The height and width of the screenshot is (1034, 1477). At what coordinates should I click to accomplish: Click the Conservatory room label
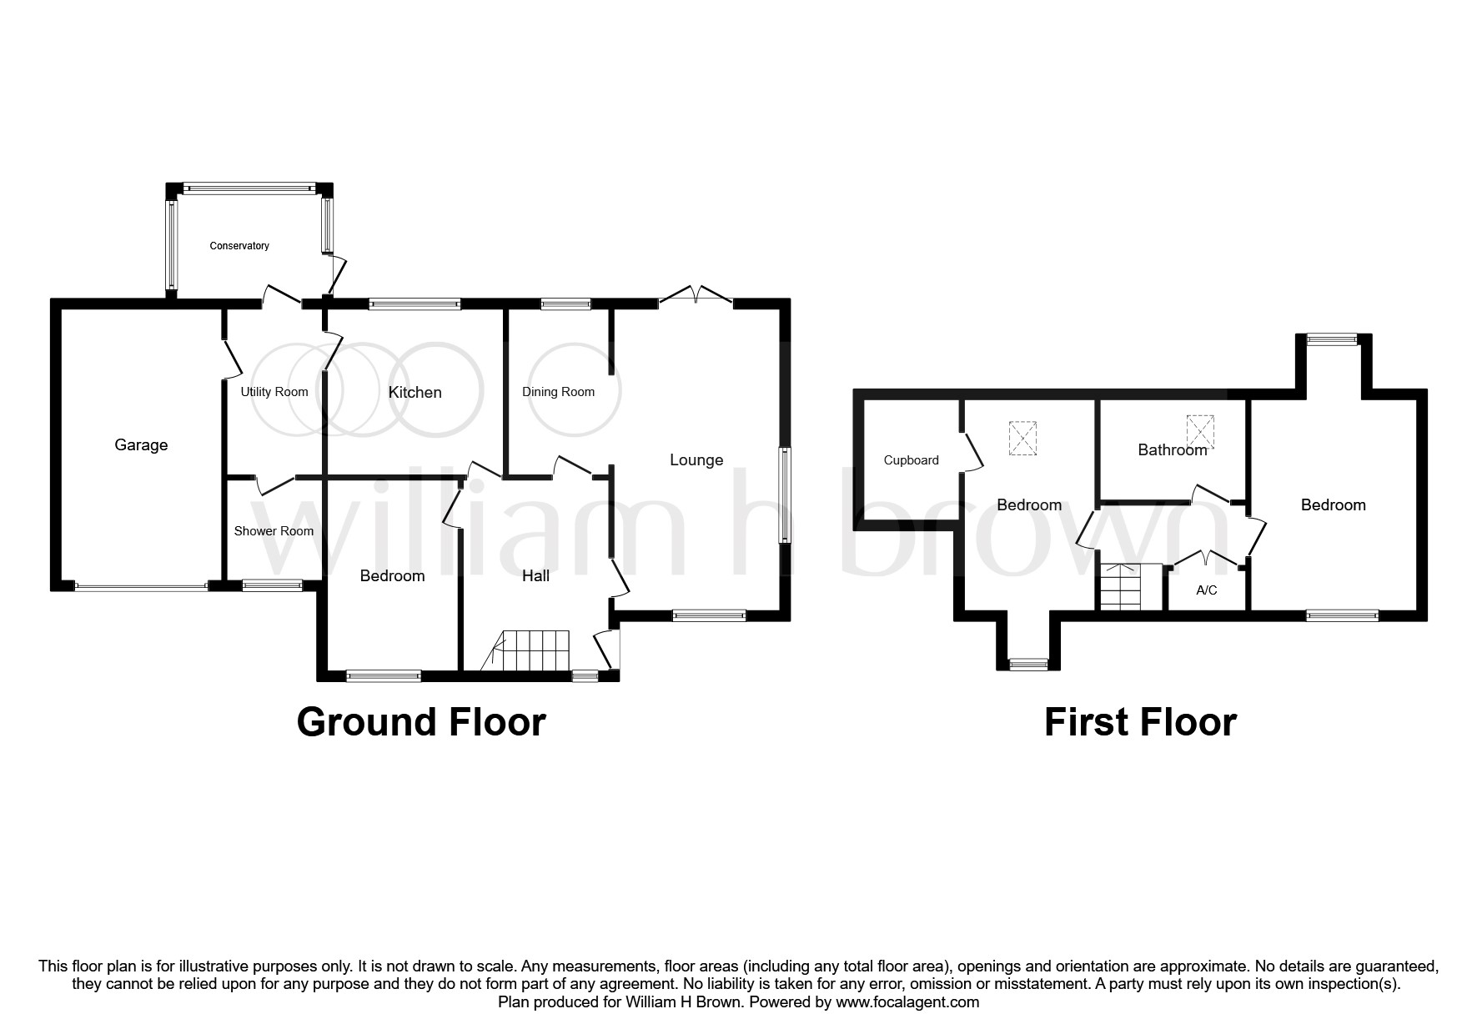(x=239, y=246)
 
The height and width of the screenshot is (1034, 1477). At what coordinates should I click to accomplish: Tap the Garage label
(x=141, y=445)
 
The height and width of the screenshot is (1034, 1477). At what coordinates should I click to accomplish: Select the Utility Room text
(x=274, y=392)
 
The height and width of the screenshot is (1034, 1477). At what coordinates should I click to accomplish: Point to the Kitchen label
(x=414, y=392)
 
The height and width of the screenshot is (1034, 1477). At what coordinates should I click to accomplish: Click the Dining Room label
(x=558, y=392)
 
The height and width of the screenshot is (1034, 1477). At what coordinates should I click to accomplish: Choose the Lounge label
(x=696, y=460)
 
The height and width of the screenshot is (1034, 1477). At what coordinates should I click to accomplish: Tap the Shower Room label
(x=274, y=531)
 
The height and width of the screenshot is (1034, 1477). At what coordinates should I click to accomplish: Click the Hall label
(x=535, y=576)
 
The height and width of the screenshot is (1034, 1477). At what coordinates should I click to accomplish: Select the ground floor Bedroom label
(x=392, y=576)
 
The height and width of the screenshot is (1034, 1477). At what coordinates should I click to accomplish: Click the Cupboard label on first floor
(x=911, y=460)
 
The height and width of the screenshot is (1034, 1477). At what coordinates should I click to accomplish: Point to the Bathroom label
(x=1172, y=450)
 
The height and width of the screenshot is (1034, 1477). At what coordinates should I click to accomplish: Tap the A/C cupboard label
(x=1206, y=590)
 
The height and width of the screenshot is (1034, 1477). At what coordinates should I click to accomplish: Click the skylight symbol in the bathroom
(x=1200, y=430)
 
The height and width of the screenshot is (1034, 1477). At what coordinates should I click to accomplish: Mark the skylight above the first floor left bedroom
(x=1023, y=438)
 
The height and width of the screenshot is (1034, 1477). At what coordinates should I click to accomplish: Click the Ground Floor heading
(x=421, y=722)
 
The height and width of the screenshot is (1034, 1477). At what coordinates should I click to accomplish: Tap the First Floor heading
(x=1139, y=722)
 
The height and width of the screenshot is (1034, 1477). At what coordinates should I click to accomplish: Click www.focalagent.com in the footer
(x=907, y=1002)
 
